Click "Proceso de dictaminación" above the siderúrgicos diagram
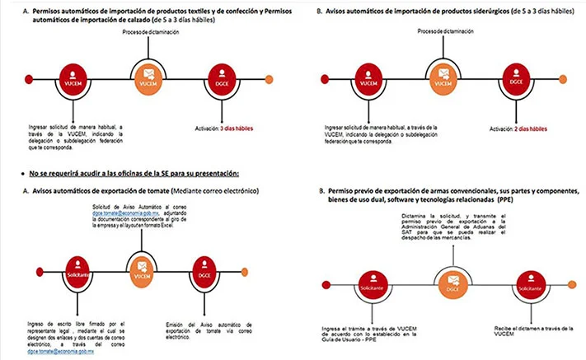point(445,32)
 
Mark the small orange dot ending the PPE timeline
point(574,284)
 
